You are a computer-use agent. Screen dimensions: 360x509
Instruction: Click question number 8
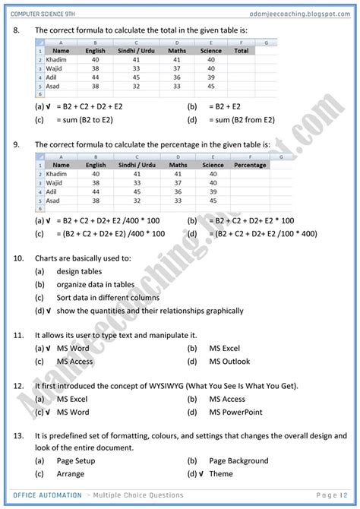(x=17, y=30)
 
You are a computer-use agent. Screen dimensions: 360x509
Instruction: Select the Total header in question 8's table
(x=242, y=51)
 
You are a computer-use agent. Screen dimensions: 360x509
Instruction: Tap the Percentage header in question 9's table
(x=250, y=165)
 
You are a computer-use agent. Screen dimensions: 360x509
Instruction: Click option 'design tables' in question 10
(x=79, y=271)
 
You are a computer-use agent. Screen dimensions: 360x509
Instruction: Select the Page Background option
(x=238, y=460)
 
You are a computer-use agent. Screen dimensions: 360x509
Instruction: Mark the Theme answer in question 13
(x=221, y=473)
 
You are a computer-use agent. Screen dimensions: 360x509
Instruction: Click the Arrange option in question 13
(x=72, y=473)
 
